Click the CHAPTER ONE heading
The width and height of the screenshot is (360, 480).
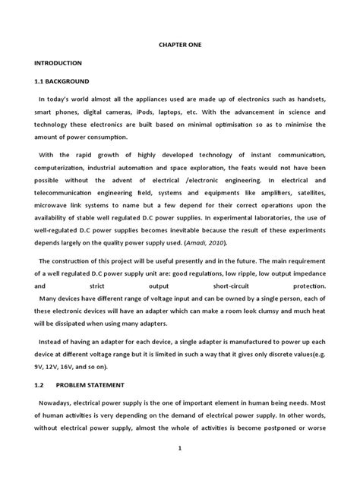click(x=179, y=44)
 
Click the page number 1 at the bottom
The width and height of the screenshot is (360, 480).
click(x=179, y=448)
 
